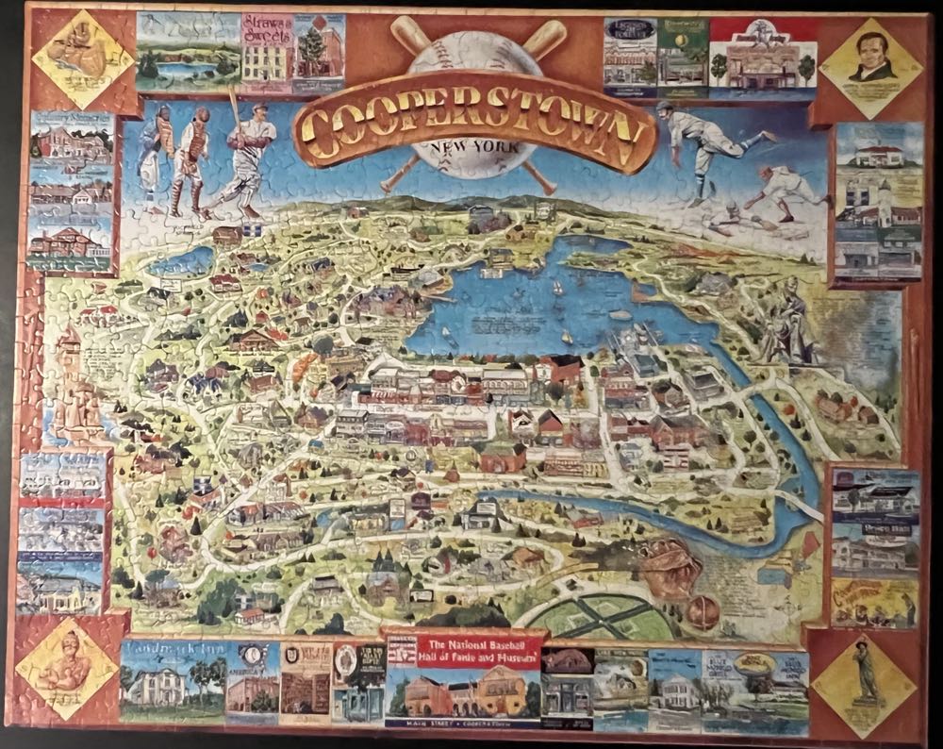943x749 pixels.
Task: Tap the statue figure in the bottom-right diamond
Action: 863,674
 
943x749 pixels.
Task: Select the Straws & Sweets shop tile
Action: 266,54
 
